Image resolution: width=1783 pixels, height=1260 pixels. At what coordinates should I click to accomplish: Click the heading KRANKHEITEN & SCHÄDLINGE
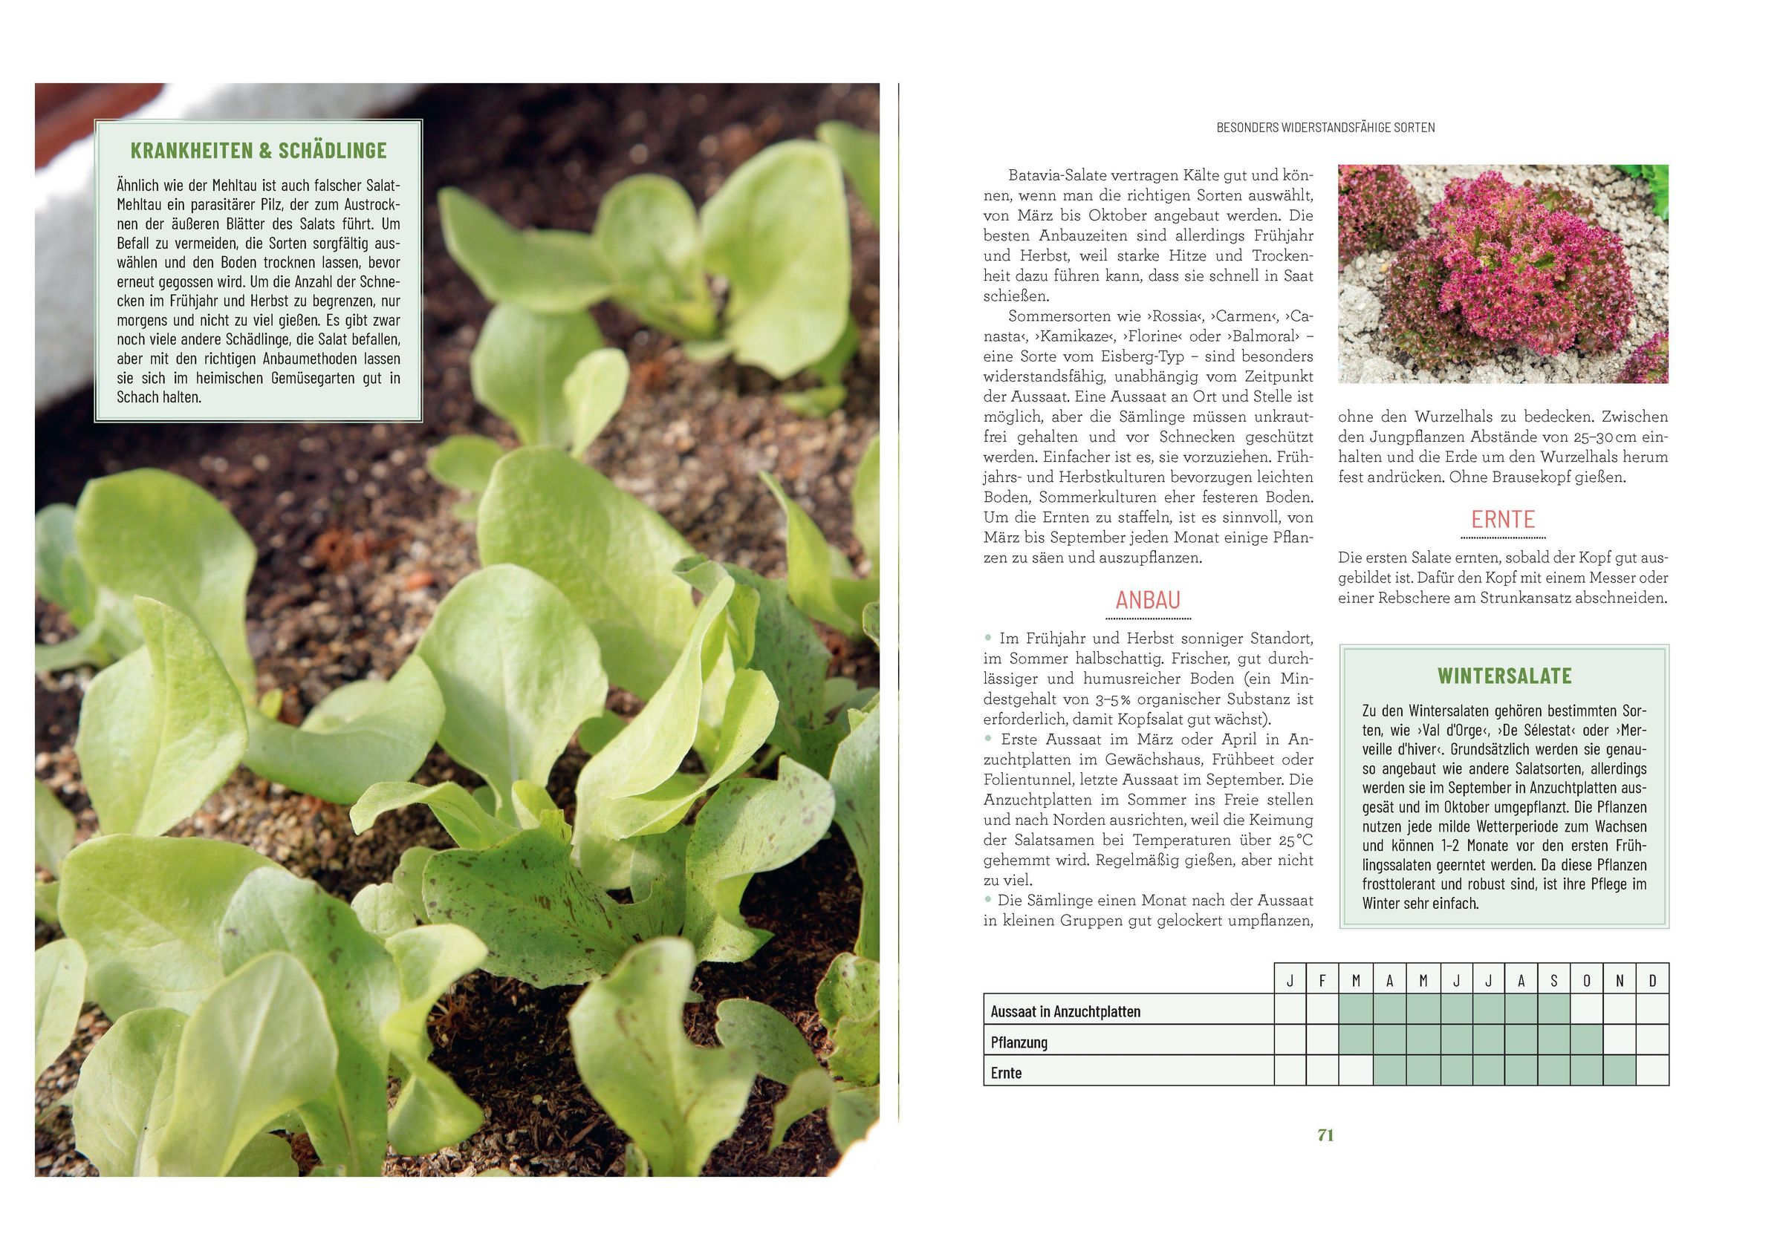pos(259,150)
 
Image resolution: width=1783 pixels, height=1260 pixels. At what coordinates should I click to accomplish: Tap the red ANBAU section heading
pos(1148,600)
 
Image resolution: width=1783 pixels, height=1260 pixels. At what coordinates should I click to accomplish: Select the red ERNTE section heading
pos(1503,520)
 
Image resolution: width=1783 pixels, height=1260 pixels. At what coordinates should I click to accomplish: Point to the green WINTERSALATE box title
pos(1504,676)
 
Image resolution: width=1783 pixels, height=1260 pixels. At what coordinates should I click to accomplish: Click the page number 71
pos(1325,1135)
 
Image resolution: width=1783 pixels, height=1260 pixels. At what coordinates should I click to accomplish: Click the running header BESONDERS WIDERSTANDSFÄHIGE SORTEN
pos(1325,127)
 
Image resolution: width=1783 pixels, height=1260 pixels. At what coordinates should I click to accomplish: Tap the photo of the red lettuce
pos(1503,273)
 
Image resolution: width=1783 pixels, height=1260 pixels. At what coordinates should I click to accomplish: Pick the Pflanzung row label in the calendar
pos(1019,1042)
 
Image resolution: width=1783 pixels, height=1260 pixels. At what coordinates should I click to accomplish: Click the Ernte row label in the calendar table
pos(1007,1074)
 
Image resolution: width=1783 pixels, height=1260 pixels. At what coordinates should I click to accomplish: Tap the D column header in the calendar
pos(1652,981)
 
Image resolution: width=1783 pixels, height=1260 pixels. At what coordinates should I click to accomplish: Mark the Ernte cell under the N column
pos(1619,1071)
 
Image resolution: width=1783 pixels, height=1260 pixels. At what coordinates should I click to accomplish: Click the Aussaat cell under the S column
pos(1553,1009)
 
